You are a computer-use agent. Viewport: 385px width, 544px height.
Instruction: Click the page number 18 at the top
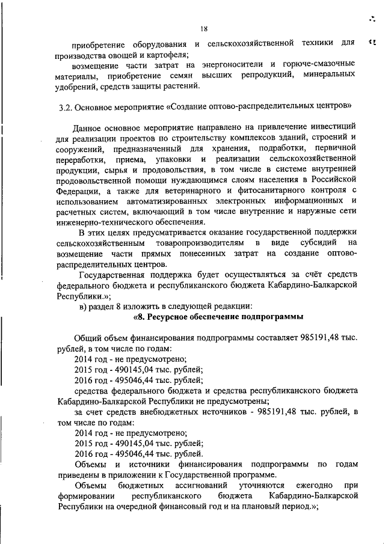[x=204, y=26]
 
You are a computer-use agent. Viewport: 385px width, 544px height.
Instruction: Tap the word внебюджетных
[x=180, y=412]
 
